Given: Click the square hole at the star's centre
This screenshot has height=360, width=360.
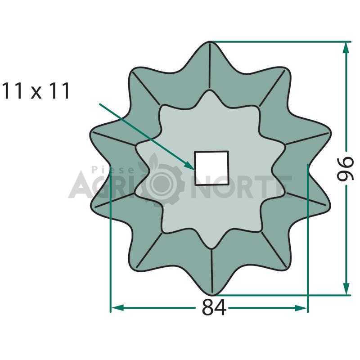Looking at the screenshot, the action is point(211,168).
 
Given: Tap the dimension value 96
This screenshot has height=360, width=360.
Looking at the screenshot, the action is point(345,169).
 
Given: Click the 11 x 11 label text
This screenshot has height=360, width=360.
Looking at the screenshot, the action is point(36,91).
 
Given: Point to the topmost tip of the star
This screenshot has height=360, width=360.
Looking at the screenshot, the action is point(210,42).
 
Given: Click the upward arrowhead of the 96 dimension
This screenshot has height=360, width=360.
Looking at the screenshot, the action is point(346,48).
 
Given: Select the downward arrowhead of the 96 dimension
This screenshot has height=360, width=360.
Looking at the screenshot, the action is point(346,288).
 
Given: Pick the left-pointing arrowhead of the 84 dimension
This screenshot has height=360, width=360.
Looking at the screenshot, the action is point(117,308).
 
